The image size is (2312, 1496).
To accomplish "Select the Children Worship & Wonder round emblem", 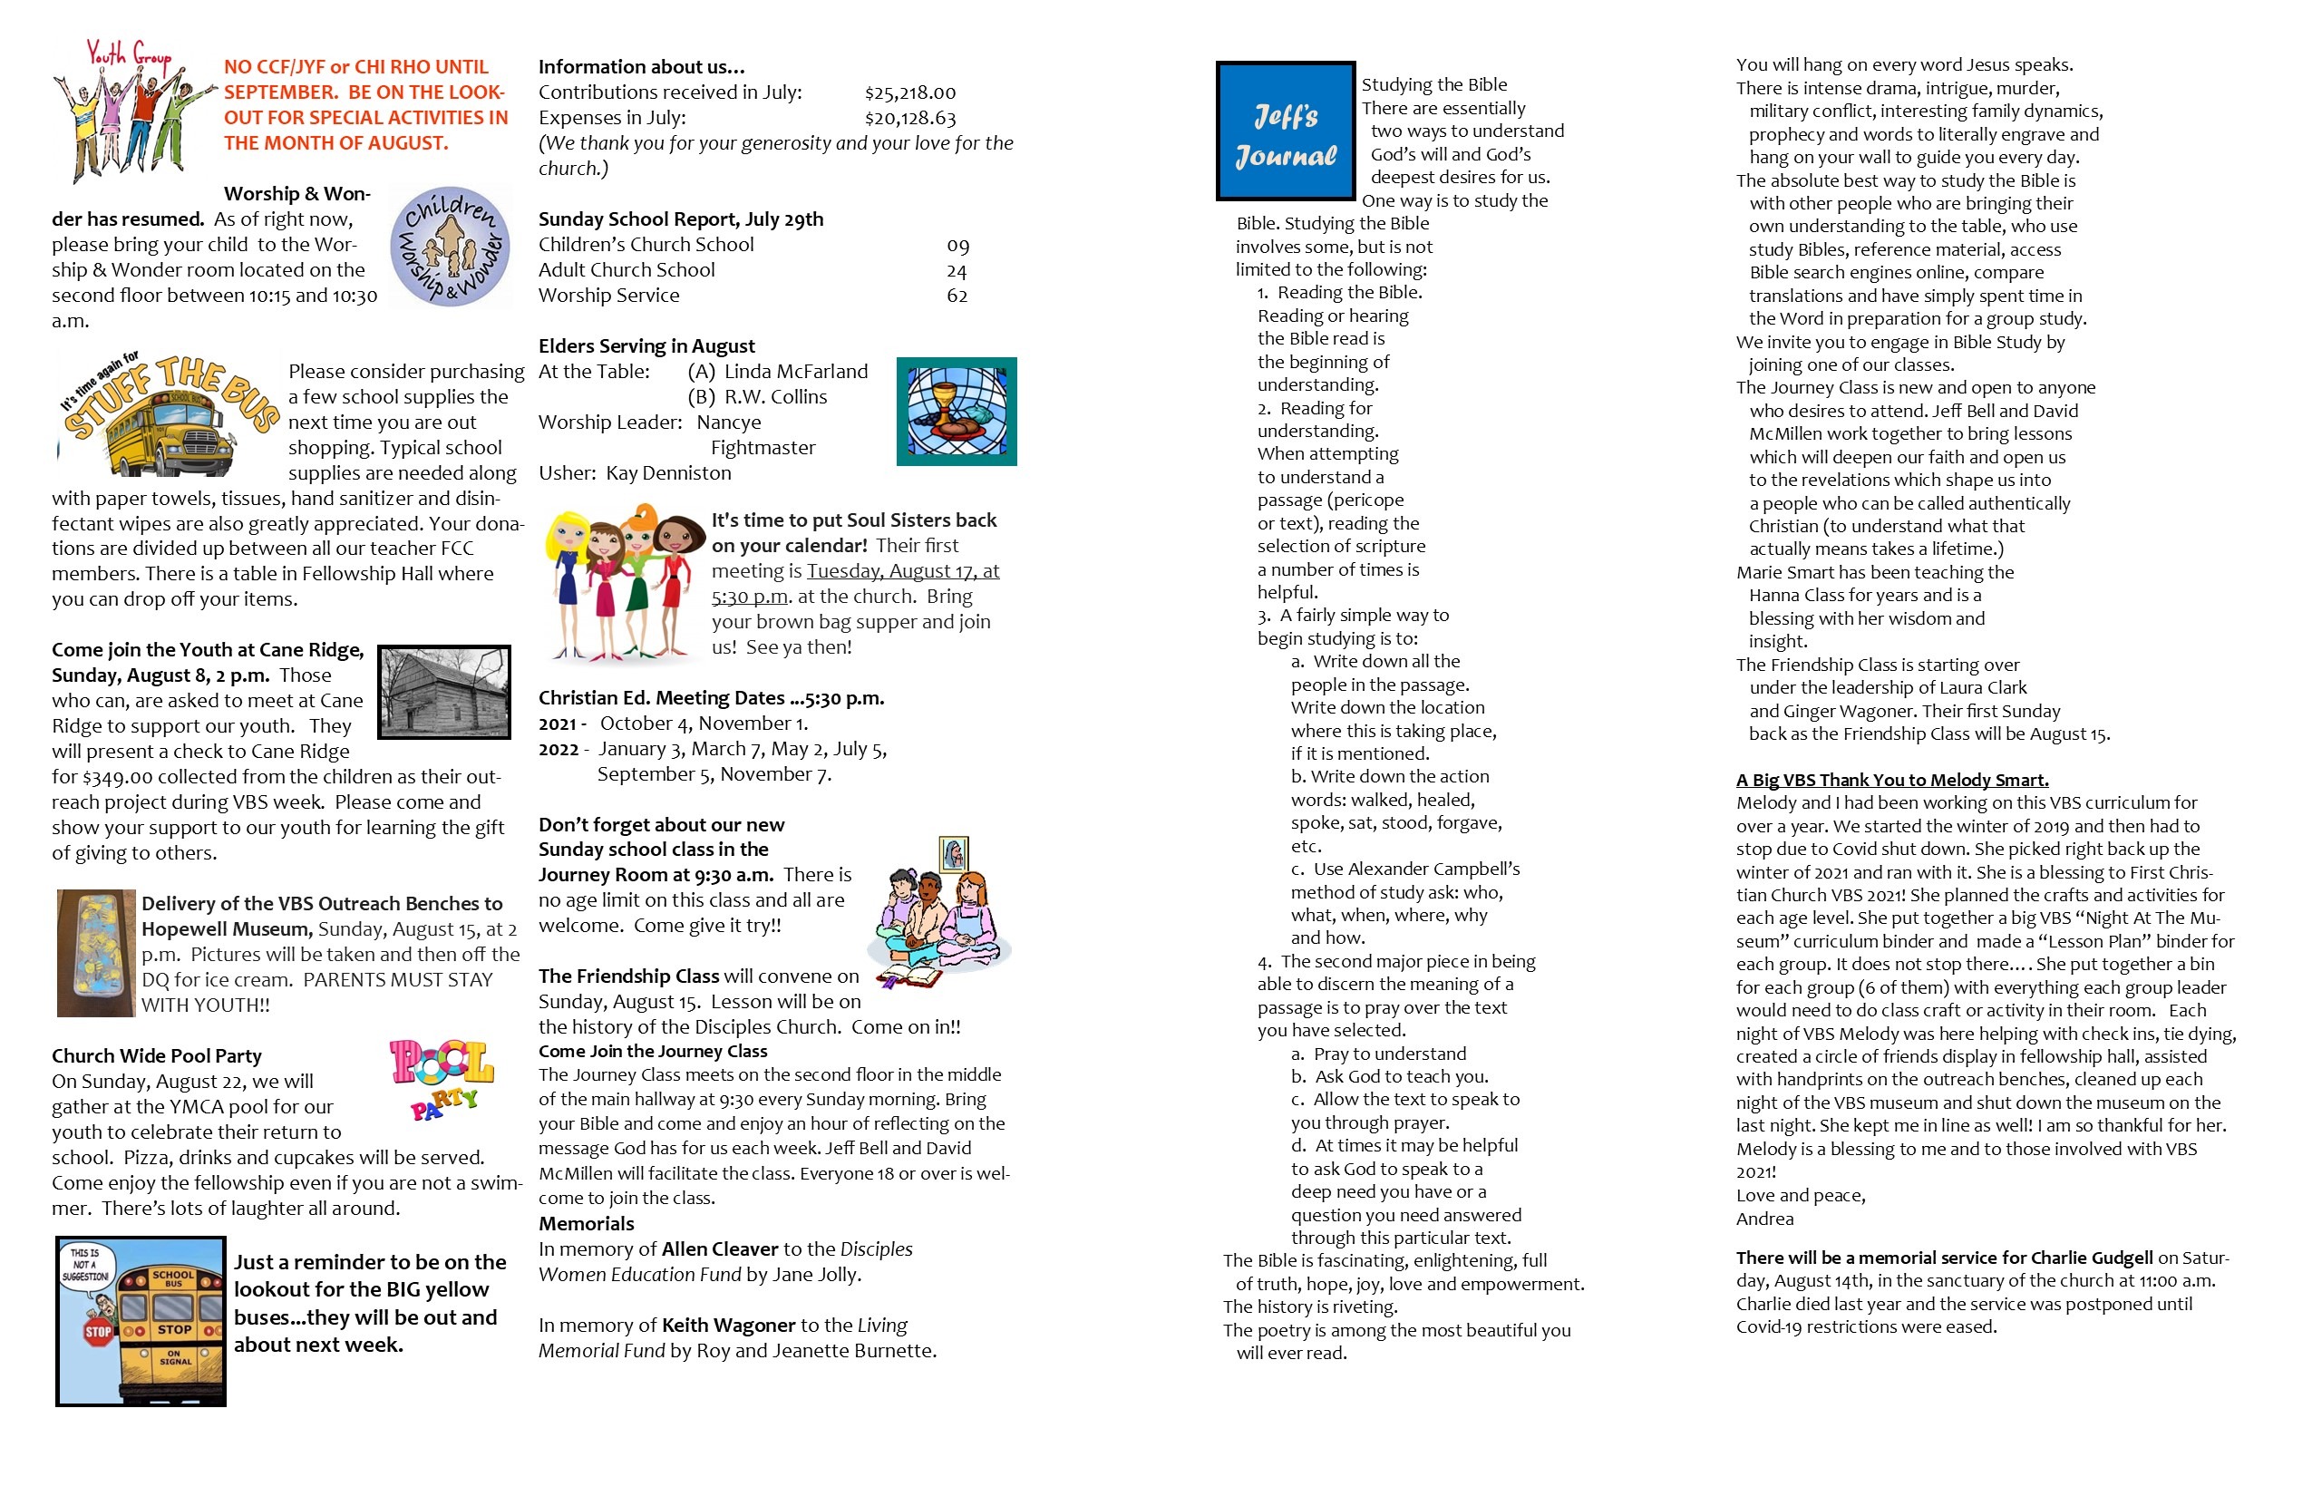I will tap(450, 247).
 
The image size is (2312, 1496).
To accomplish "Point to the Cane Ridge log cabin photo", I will tap(443, 692).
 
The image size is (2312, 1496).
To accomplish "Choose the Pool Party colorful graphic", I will tap(442, 1077).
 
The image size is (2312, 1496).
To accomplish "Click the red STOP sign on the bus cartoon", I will tap(98, 1331).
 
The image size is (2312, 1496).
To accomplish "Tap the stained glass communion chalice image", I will tap(956, 411).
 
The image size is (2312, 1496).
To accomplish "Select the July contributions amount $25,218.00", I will tap(910, 93).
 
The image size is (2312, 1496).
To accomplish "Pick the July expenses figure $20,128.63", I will tap(910, 119).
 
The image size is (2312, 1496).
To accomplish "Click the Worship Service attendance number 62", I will tap(957, 296).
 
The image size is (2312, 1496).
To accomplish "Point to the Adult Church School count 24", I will tap(957, 271).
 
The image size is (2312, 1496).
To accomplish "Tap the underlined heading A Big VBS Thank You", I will tap(1891, 780).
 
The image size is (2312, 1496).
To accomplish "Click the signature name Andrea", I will tap(1764, 1219).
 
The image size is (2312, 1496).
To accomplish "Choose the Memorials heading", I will tap(586, 1224).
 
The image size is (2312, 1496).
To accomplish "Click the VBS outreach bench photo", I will tap(95, 953).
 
